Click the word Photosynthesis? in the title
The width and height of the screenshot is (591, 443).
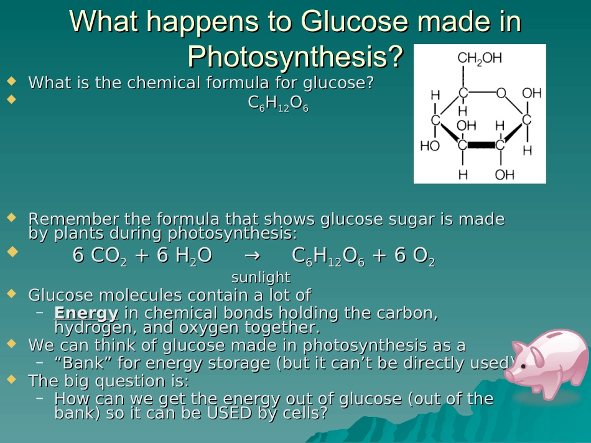295,57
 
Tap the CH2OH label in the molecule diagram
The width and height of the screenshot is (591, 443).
479,58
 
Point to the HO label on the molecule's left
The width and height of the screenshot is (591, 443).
430,146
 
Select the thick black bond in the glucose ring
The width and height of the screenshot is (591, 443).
481,145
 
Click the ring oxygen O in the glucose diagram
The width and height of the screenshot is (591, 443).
500,93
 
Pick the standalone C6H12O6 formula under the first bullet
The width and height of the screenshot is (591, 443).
278,104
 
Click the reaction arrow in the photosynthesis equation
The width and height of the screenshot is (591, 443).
251,256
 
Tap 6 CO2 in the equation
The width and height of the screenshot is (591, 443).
100,256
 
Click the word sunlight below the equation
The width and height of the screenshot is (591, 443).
261,277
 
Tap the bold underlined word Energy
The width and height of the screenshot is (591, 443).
86,313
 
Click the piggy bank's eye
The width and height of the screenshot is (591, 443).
525,366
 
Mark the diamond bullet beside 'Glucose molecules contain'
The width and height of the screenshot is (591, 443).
11,293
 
